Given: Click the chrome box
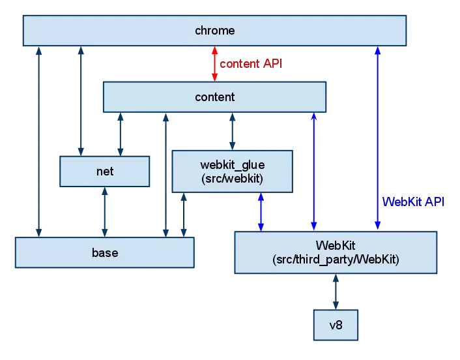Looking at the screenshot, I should click(x=214, y=31).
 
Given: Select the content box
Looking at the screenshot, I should click(x=214, y=97).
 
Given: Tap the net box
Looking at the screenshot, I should click(x=104, y=172).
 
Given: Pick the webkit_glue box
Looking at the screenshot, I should click(x=232, y=172).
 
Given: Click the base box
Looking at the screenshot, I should click(x=104, y=252).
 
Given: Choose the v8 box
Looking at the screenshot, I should click(x=336, y=324).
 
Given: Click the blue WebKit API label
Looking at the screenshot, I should click(x=414, y=202).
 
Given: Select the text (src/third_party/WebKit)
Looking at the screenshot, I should click(x=335, y=260).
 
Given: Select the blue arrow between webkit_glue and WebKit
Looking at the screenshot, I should click(x=261, y=211).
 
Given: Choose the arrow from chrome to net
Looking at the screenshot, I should click(x=80, y=101).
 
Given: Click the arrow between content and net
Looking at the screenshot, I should click(x=120, y=134).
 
